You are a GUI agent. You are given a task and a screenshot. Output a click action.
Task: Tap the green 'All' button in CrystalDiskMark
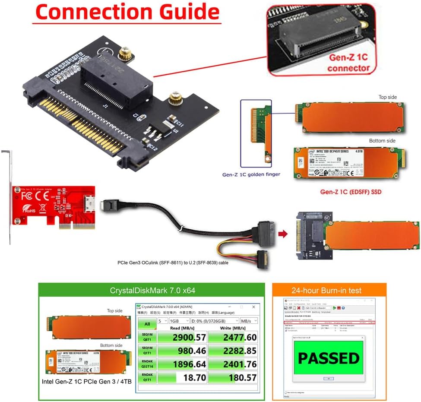[147, 323]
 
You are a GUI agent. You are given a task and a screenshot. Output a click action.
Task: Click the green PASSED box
[328, 358]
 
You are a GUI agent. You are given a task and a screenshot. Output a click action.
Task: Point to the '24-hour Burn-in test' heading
[329, 291]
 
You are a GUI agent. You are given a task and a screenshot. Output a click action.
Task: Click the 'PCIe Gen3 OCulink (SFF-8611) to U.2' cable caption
[173, 262]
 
